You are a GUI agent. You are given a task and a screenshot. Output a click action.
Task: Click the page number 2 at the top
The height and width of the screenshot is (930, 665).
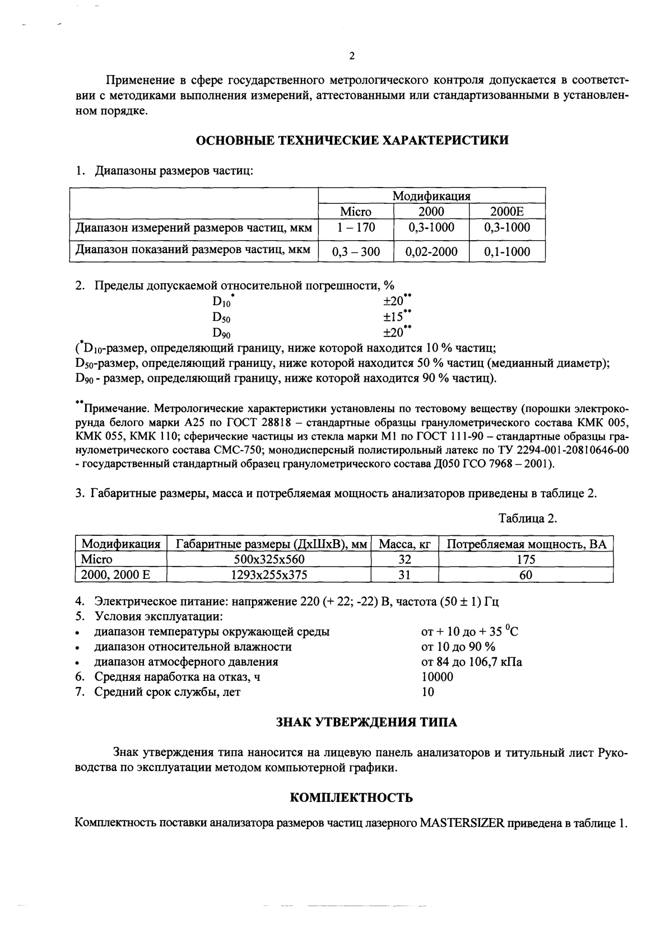click(x=351, y=56)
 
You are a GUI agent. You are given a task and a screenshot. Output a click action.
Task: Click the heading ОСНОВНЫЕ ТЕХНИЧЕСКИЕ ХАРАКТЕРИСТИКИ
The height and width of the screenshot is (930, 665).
click(x=352, y=140)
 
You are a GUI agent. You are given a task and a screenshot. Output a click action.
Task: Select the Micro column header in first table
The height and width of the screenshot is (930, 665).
click(x=356, y=212)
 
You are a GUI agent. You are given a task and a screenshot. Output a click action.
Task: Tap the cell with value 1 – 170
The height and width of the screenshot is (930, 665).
click(x=356, y=228)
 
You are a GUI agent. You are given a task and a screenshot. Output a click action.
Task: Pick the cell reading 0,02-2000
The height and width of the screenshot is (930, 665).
click(x=431, y=252)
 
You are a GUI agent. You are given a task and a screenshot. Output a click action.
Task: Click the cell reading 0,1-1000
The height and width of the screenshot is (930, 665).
click(x=507, y=252)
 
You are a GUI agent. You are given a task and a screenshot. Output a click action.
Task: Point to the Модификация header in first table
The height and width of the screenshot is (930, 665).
click(x=431, y=196)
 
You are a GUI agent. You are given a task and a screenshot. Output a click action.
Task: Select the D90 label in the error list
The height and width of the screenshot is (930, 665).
click(x=221, y=333)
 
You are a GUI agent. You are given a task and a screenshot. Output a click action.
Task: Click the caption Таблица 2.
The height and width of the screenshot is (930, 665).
click(x=528, y=518)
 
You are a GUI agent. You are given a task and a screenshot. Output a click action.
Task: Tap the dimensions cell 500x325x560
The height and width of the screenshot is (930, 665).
click(x=269, y=559)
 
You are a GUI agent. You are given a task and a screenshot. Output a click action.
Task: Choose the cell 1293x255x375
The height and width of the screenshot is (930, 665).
click(x=269, y=574)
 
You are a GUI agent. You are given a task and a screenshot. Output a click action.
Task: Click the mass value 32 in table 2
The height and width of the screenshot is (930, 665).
click(x=404, y=559)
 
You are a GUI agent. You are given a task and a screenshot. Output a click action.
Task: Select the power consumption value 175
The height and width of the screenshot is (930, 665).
click(x=526, y=559)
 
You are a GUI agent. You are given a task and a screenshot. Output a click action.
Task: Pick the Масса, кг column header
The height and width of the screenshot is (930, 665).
click(x=404, y=544)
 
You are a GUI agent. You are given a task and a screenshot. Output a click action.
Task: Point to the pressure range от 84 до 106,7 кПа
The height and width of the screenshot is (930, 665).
click(x=471, y=662)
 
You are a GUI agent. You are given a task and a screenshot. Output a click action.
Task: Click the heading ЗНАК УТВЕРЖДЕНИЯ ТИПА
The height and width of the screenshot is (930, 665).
click(x=367, y=722)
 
